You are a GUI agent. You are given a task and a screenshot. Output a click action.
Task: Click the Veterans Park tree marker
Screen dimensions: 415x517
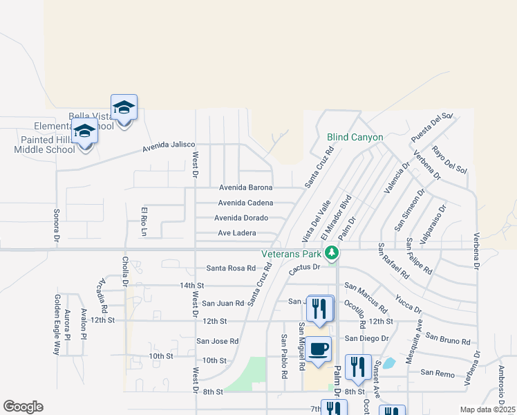click(332, 252)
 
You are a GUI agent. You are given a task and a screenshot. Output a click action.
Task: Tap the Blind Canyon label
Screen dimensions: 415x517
click(355, 138)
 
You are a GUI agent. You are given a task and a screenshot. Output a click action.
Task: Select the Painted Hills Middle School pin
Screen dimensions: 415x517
click(85, 131)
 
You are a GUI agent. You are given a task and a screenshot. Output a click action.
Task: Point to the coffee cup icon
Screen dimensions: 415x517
click(319, 349)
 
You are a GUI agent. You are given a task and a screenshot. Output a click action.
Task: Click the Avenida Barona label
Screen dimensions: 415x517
click(245, 187)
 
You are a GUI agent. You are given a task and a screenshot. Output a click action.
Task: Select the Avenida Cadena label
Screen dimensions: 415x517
click(245, 203)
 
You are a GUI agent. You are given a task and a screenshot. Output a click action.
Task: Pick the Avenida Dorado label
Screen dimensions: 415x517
click(241, 218)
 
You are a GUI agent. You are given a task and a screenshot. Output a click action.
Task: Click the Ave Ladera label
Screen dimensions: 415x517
click(237, 233)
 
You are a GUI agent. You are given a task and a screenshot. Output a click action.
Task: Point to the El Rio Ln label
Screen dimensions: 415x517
click(144, 221)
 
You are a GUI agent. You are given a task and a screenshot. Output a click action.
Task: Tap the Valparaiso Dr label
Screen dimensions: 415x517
click(435, 219)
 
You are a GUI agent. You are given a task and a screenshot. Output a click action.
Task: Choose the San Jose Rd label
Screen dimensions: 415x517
click(217, 341)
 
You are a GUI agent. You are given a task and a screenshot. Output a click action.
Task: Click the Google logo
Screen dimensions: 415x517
click(22, 407)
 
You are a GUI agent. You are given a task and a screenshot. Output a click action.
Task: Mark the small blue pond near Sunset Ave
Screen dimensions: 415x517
click(388, 362)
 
